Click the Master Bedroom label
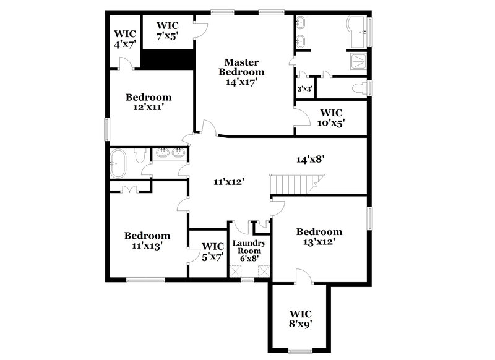[x=241, y=71]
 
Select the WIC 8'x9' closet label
[x=301, y=318]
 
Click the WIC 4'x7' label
[x=124, y=39]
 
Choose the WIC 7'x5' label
[x=167, y=30]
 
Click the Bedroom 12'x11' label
[x=148, y=102]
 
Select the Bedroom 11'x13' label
[x=147, y=241]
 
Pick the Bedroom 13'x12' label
[x=319, y=237]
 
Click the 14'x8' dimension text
[x=311, y=159]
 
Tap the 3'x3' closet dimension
[x=304, y=89]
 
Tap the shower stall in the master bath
[x=358, y=61]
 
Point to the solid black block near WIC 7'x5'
[x=168, y=60]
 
